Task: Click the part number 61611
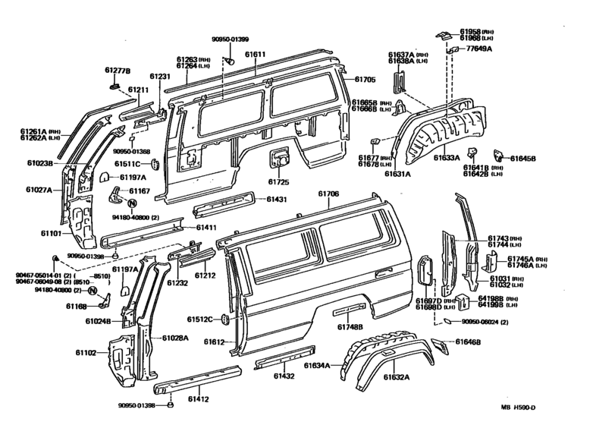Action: click(x=255, y=55)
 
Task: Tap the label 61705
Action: click(x=365, y=78)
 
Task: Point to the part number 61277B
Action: click(x=118, y=71)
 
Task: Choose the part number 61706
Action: click(x=328, y=194)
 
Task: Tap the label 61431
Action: click(x=278, y=200)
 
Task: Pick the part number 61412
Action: click(x=198, y=399)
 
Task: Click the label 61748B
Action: click(x=350, y=327)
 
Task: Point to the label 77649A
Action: click(x=478, y=49)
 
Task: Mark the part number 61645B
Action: click(x=522, y=159)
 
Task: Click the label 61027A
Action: click(x=39, y=190)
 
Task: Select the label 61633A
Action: click(x=447, y=158)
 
